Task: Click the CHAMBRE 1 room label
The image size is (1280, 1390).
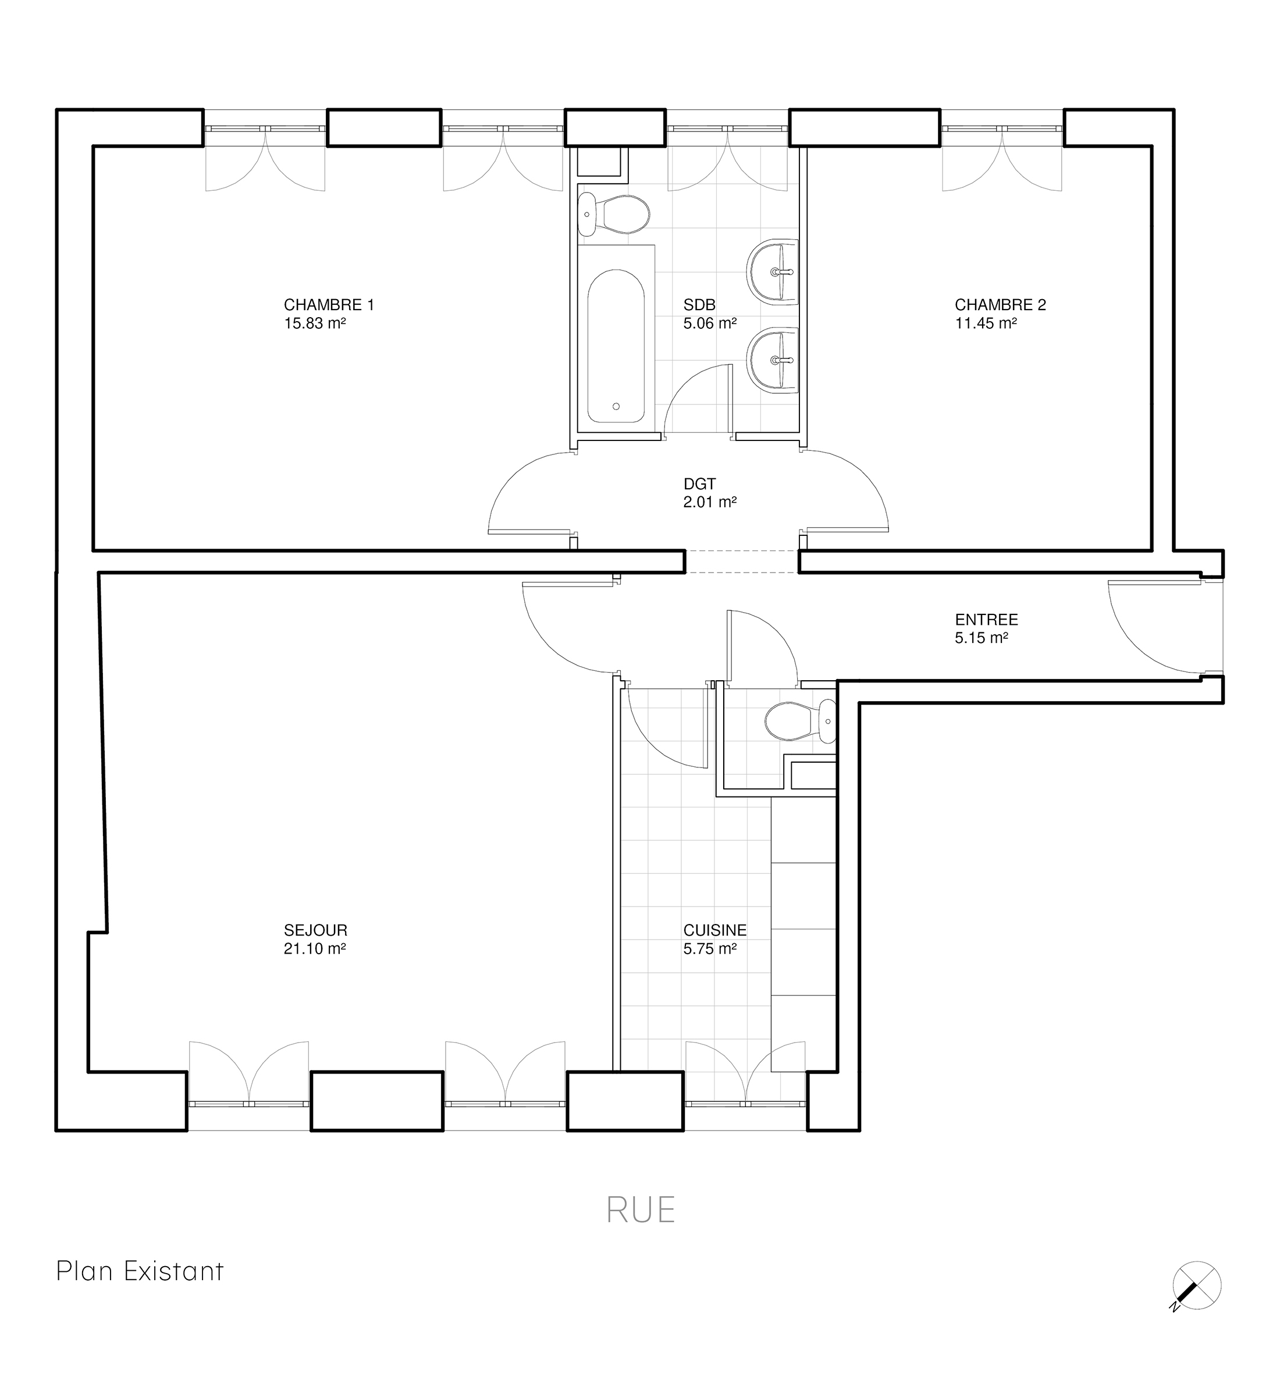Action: coord(329,305)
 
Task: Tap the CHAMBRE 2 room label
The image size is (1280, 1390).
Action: coord(1000,305)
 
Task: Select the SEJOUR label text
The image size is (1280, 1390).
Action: coord(315,930)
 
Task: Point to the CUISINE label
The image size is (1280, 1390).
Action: coord(715,930)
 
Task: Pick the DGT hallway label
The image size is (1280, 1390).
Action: coord(699,484)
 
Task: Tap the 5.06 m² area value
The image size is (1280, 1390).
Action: coord(710,323)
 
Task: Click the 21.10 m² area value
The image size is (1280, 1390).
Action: coord(314,948)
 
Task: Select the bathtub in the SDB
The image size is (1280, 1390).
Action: coord(616,346)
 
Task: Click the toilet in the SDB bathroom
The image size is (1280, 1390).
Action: coord(614,214)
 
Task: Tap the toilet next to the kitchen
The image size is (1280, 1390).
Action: coord(801,721)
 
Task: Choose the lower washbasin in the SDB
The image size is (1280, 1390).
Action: coord(773,360)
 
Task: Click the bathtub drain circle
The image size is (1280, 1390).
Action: coord(616,407)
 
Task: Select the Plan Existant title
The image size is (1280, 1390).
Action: coord(140,1271)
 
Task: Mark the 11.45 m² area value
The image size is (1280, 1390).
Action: coord(986,323)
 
